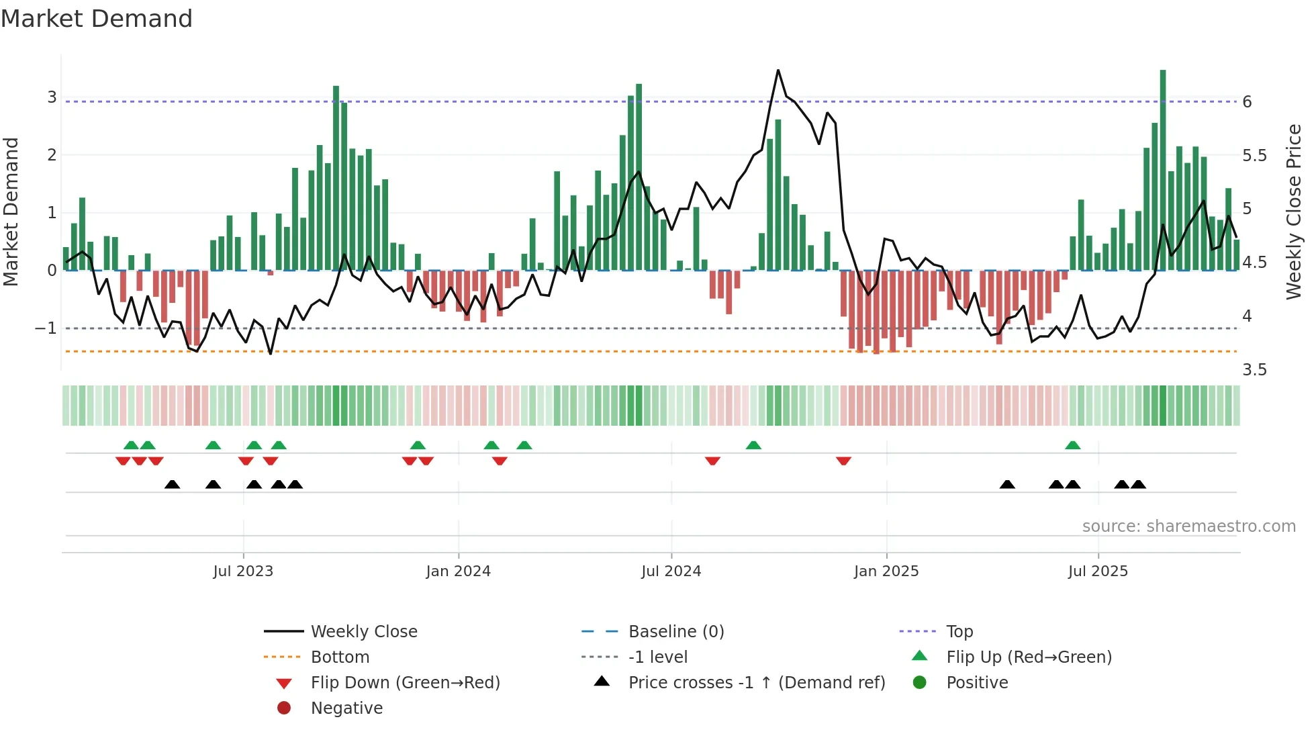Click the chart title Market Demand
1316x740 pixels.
coord(97,19)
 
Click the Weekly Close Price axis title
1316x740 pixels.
coord(1293,211)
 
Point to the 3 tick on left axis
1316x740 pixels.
coord(52,97)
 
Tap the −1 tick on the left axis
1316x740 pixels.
coord(46,328)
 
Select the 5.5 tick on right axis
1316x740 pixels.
coord(1254,156)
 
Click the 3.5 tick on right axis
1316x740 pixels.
coord(1254,370)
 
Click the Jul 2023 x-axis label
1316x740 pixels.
coord(243,571)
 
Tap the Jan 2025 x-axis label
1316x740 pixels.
coord(886,571)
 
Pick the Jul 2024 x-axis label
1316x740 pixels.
coord(671,571)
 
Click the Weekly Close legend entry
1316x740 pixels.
coord(363,632)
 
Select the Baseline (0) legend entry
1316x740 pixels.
coord(675,632)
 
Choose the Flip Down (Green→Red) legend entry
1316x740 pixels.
coord(405,683)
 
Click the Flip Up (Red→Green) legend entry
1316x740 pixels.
coord(1029,657)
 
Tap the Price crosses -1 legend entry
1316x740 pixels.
coord(756,683)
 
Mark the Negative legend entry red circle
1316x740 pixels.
coord(284,708)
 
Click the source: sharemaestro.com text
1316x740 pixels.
coord(1188,526)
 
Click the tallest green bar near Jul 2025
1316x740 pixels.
coord(1163,168)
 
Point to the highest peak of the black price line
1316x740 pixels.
coord(778,71)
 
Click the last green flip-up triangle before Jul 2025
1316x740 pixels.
coord(1073,445)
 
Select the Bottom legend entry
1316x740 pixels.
coord(340,657)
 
